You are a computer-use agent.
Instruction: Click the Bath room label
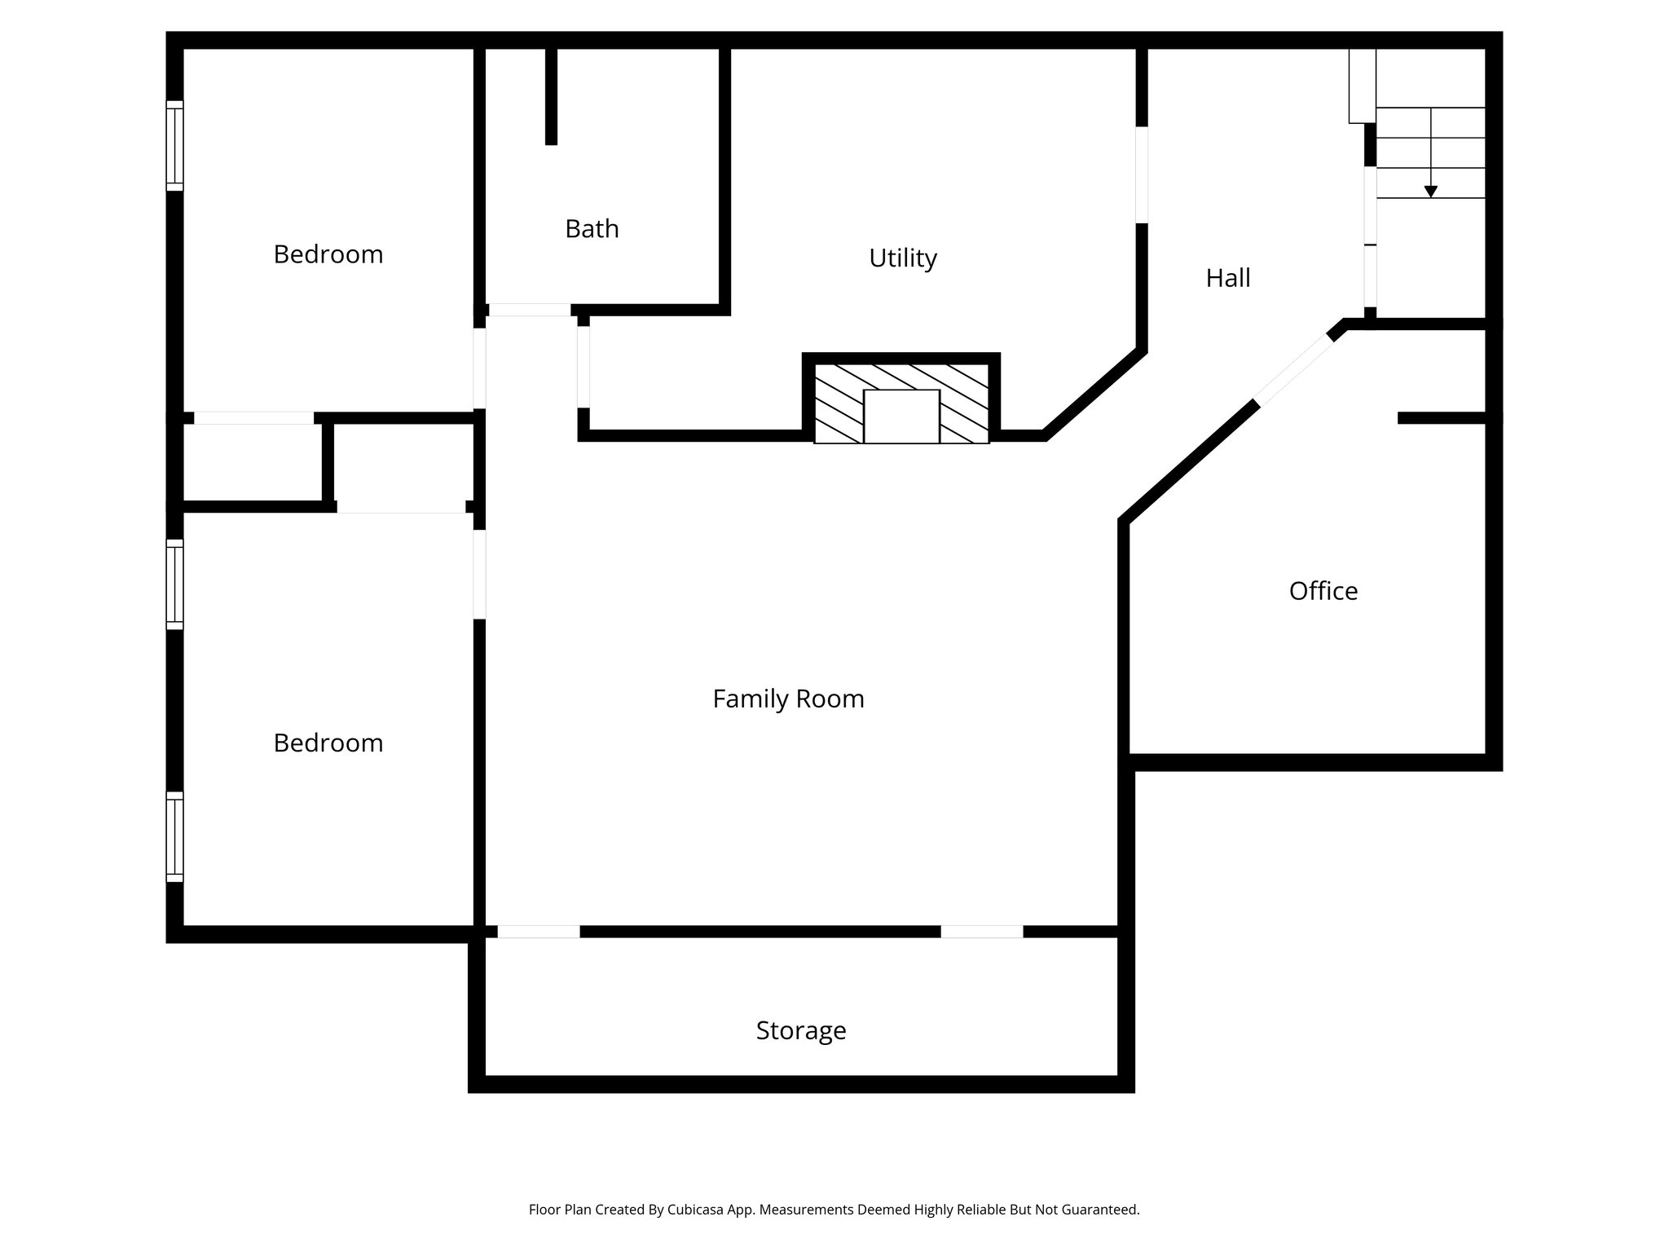(x=592, y=229)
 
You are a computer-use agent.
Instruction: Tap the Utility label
(x=902, y=258)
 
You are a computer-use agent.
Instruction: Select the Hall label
(x=1227, y=279)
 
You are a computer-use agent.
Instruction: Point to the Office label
(x=1323, y=591)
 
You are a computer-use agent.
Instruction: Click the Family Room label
(x=788, y=699)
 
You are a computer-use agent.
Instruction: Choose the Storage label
(x=800, y=1030)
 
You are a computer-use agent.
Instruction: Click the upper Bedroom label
(x=328, y=254)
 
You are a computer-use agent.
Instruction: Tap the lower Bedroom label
(x=328, y=743)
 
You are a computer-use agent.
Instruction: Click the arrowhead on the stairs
(x=1430, y=192)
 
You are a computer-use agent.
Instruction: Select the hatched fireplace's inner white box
(x=901, y=417)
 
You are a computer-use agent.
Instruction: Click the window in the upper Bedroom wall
(x=174, y=146)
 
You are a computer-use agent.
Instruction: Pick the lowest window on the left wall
(x=174, y=836)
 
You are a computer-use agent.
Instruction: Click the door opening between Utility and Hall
(x=1142, y=174)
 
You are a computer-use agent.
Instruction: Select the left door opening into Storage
(x=539, y=931)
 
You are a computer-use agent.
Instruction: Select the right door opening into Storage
(x=982, y=931)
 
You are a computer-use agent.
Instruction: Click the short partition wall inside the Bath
(x=551, y=96)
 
